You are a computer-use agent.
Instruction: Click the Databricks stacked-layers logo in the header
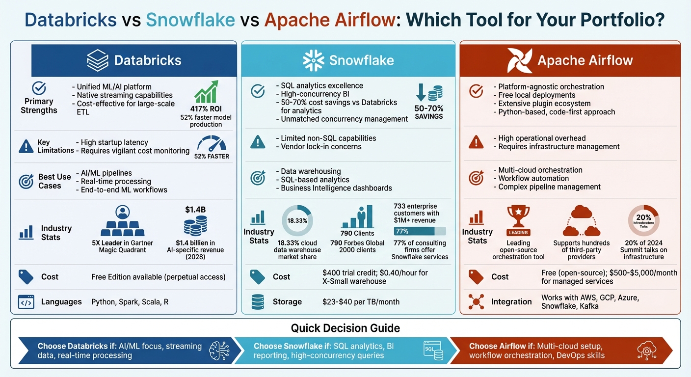[97, 60]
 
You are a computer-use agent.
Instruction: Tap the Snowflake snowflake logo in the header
[313, 60]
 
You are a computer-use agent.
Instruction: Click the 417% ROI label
[206, 109]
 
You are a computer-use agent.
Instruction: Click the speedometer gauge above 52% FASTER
[212, 143]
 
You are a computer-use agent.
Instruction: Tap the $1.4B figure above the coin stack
[195, 210]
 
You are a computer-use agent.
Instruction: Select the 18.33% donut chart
[297, 220]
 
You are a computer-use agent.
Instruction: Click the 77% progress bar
[420, 231]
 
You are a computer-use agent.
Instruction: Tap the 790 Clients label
[357, 233]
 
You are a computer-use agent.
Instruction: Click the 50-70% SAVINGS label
[428, 112]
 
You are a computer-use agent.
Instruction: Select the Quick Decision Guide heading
[345, 328]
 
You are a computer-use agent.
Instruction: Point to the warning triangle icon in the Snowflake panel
[258, 142]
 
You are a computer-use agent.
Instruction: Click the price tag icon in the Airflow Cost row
[476, 277]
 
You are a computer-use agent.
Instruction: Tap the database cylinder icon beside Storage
[258, 302]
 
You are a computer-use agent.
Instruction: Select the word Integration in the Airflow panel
[511, 302]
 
